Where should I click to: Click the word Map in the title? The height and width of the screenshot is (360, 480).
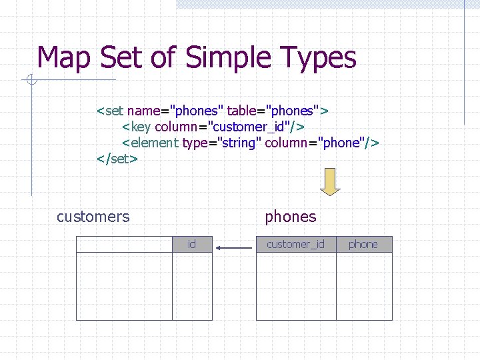click(65, 58)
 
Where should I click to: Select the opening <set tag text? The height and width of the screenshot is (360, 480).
click(111, 109)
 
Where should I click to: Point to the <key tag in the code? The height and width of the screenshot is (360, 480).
click(136, 126)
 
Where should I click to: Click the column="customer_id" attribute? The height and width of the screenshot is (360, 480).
click(229, 126)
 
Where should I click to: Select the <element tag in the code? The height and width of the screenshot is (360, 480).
click(150, 143)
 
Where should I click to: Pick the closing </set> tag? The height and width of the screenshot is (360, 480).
click(117, 159)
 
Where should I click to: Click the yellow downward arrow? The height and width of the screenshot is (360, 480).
click(330, 181)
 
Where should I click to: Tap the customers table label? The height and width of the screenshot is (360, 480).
click(93, 217)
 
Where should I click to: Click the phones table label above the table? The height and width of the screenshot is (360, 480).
click(291, 217)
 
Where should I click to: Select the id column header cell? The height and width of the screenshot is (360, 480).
click(192, 245)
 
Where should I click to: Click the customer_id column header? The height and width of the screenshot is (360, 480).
click(296, 245)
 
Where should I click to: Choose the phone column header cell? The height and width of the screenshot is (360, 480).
click(363, 245)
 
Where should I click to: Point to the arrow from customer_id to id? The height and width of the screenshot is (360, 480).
click(234, 248)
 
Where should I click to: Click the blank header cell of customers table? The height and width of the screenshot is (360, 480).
click(124, 245)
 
